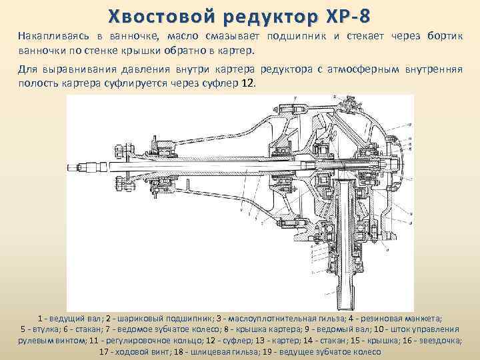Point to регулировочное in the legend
point(148,340)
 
